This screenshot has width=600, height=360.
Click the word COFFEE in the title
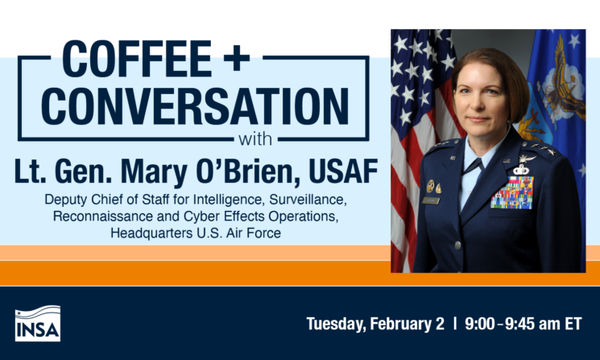tap(137, 59)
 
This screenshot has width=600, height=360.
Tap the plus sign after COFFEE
tap(237, 59)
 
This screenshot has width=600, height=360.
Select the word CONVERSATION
tap(195, 106)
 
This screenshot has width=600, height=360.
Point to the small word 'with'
tap(255, 139)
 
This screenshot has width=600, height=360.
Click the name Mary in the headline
tap(154, 171)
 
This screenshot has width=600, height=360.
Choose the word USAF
tap(343, 171)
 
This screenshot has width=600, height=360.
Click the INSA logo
tap(38, 323)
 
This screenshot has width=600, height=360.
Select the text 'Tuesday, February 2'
tap(375, 324)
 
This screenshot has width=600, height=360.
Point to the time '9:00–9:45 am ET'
tap(523, 324)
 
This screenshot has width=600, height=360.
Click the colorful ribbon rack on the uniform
tap(512, 192)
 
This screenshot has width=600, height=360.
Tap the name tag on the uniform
tap(431, 201)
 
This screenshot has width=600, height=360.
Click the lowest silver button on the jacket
tap(458, 245)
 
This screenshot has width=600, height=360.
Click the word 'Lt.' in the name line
tap(28, 171)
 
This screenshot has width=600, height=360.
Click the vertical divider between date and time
tap(454, 324)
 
